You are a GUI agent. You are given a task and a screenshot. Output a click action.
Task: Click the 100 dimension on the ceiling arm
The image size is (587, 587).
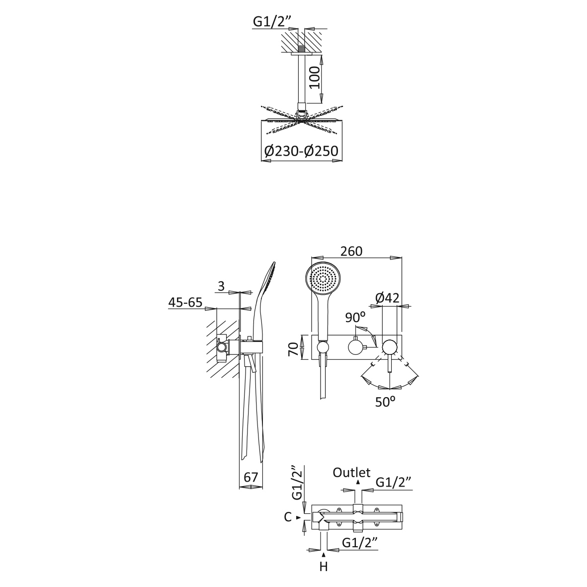(x=315, y=78)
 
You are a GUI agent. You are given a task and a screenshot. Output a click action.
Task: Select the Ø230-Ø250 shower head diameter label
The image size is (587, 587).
(x=301, y=151)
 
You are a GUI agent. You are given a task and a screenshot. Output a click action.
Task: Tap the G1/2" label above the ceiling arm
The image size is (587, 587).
(x=272, y=21)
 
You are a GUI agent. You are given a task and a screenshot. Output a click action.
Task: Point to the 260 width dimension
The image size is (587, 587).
(x=351, y=251)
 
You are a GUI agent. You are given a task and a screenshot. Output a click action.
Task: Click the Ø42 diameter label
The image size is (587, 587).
(x=387, y=298)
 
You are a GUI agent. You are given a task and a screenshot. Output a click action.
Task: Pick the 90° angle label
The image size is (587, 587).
(x=355, y=318)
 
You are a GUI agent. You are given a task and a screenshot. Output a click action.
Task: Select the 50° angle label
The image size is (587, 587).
(x=385, y=402)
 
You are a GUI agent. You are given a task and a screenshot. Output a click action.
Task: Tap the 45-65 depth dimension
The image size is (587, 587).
(x=185, y=303)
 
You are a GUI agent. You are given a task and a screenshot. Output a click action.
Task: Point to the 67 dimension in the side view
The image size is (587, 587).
(x=251, y=477)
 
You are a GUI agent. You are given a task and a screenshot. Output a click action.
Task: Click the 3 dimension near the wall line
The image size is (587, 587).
(x=221, y=286)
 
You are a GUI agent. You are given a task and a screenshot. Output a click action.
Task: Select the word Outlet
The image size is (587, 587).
(x=351, y=473)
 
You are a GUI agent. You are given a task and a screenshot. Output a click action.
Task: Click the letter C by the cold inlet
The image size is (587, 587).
(x=287, y=517)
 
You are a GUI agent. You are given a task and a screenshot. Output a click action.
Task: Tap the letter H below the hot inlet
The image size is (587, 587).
(x=324, y=567)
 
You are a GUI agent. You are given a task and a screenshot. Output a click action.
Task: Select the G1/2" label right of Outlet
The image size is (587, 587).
(x=394, y=482)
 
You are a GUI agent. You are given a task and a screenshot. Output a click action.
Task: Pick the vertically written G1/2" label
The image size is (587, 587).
(x=297, y=483)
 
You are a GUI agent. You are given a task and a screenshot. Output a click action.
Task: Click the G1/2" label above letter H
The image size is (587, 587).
(x=360, y=542)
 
